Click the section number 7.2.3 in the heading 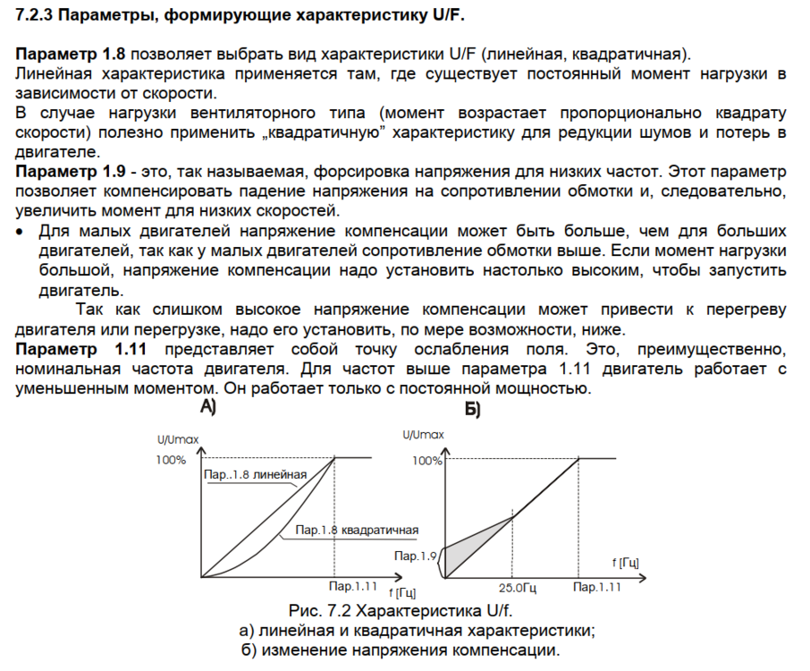coord(38,16)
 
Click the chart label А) coord(207,408)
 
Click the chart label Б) coord(472,410)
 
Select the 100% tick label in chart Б coord(427,461)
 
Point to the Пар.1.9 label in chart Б coord(414,556)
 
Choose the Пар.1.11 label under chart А coord(353,585)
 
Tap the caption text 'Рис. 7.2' coord(320,611)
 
